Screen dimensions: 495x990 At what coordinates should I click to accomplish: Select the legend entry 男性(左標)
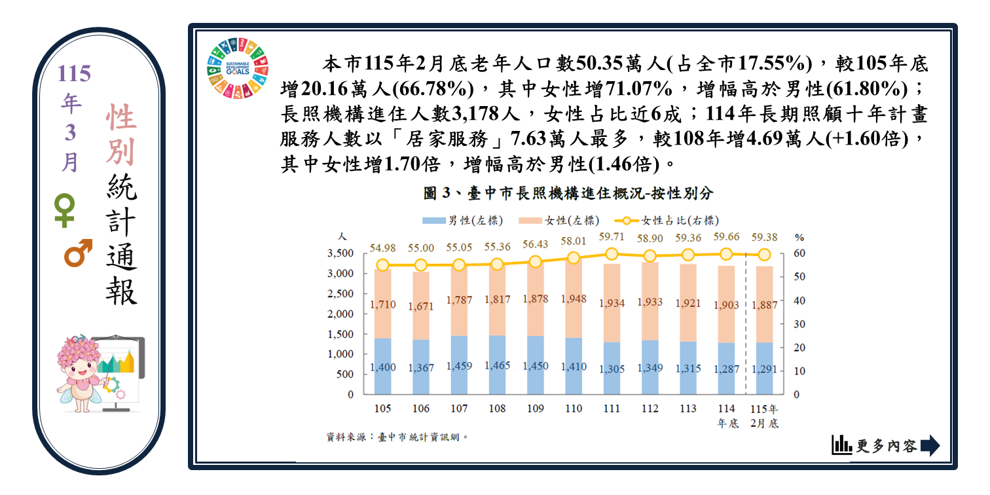click(x=464, y=221)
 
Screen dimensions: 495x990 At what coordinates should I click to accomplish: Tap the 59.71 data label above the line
click(x=612, y=237)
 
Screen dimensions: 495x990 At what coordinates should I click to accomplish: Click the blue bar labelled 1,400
click(x=383, y=367)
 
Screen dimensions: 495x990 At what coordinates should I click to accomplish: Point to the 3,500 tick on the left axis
click(x=340, y=253)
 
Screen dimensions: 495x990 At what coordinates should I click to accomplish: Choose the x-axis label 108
click(x=498, y=409)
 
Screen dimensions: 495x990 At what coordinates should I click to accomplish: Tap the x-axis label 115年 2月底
click(x=764, y=416)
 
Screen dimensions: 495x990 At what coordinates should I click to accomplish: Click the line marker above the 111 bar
click(x=612, y=254)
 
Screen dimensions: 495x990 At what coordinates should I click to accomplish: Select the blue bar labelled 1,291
click(x=764, y=369)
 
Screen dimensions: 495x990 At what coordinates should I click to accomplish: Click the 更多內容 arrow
click(x=930, y=446)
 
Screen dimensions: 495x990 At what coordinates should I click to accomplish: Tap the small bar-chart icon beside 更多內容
click(x=841, y=445)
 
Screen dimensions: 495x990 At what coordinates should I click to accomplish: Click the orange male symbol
click(x=77, y=254)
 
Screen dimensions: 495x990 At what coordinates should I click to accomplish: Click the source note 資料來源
click(x=398, y=437)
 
